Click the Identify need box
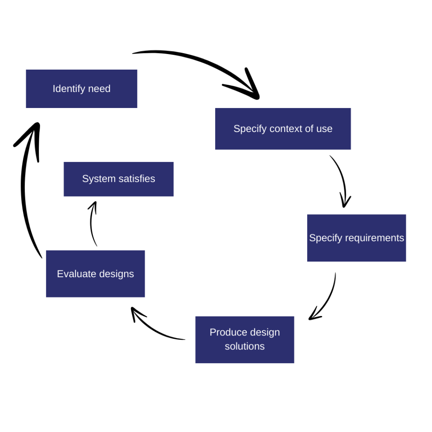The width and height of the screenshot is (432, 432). tap(81, 89)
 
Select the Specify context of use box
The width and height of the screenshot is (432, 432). tap(283, 129)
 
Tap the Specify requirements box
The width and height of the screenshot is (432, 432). tap(356, 238)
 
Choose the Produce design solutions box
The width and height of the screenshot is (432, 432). tap(244, 339)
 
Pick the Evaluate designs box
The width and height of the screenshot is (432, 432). tap(95, 274)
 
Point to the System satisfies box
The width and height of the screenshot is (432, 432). tap(119, 179)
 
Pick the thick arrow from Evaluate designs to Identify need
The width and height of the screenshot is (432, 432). tap(25, 190)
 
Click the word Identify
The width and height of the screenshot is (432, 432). tap(67, 89)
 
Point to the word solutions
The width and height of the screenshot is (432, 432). tap(244, 346)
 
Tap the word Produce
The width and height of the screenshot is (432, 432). tap(227, 332)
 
